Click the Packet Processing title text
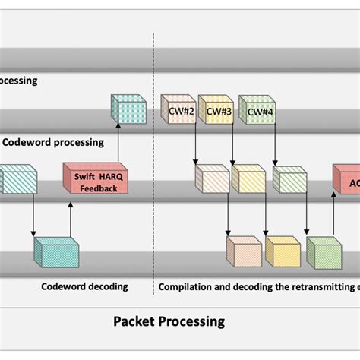(x=169, y=321)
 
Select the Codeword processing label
(x=53, y=141)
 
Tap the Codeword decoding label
(x=84, y=286)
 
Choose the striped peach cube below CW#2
(x=210, y=178)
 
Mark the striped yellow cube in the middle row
(x=248, y=178)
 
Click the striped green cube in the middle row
(x=289, y=180)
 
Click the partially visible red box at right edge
(x=346, y=181)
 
